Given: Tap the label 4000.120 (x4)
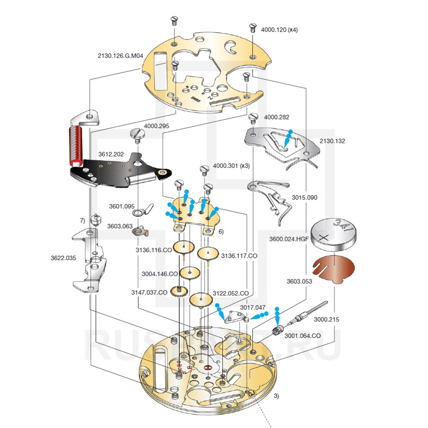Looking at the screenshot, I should [x=279, y=30].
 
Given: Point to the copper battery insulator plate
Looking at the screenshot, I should [x=334, y=269].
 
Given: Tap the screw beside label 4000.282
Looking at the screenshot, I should [x=252, y=117].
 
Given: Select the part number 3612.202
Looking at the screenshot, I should [x=111, y=154].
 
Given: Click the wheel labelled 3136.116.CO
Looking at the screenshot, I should [x=184, y=247].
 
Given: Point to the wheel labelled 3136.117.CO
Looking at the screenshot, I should [x=208, y=254].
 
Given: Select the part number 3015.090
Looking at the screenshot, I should [x=304, y=198].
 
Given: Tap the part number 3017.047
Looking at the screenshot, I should [x=253, y=307].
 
